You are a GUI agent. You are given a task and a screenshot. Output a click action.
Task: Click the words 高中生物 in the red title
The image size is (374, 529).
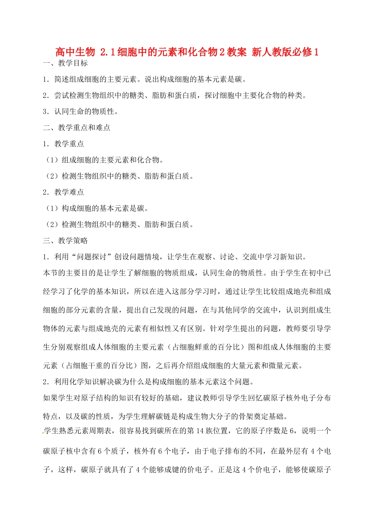[75, 52]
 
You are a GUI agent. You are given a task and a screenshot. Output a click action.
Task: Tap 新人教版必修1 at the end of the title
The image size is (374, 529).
[285, 52]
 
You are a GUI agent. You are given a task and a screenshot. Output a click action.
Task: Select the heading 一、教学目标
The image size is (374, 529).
[65, 63]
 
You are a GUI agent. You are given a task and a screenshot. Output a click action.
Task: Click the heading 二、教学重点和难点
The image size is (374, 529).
[77, 128]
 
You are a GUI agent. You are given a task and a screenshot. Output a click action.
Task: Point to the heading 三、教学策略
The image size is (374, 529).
[65, 241]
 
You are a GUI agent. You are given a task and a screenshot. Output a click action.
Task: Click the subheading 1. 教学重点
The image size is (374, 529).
[64, 144]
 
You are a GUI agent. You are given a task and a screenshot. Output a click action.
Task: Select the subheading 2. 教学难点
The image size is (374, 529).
[64, 192]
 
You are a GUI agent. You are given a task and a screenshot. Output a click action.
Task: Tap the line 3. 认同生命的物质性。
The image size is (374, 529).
[81, 112]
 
